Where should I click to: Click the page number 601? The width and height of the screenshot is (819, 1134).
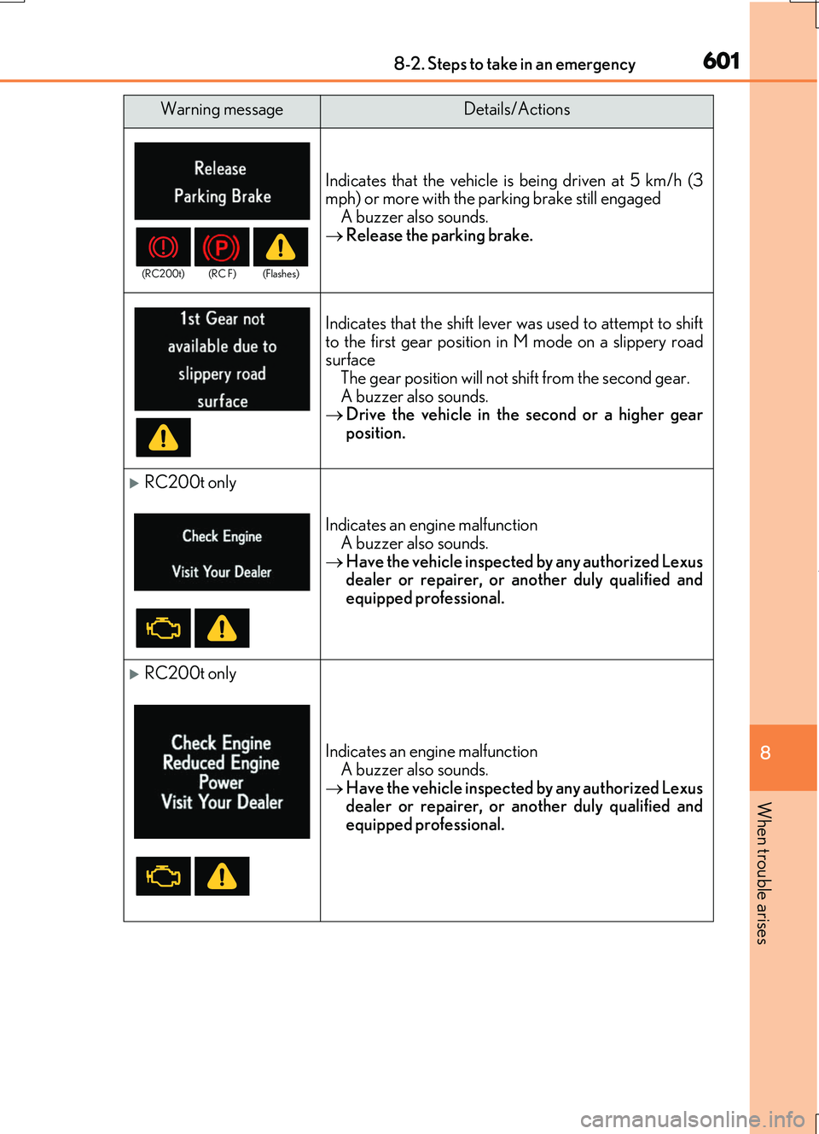(x=721, y=61)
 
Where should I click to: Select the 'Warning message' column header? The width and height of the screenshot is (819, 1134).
(x=222, y=110)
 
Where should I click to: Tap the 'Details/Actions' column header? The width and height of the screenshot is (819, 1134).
(x=516, y=110)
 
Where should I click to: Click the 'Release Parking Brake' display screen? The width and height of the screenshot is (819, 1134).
(x=222, y=181)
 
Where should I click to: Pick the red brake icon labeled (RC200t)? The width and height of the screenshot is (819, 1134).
(x=163, y=247)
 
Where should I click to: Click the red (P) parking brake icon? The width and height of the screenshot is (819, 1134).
(x=222, y=247)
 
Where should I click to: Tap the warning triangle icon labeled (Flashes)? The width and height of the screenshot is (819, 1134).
(x=281, y=247)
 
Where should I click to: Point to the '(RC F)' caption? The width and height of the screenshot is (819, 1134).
(x=222, y=274)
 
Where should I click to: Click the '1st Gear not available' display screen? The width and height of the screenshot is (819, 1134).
(x=222, y=359)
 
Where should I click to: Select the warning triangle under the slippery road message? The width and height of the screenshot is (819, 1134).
(x=163, y=438)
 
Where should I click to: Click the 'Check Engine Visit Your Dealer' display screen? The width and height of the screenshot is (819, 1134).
(x=222, y=552)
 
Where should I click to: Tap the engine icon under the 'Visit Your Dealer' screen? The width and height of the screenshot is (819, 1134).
(x=163, y=629)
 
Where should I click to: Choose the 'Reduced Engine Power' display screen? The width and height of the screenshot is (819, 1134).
(x=222, y=771)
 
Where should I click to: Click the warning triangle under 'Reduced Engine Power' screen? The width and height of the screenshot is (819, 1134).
(x=222, y=876)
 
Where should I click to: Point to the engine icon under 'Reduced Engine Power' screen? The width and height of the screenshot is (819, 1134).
(x=163, y=876)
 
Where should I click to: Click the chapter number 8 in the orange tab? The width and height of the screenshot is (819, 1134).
(x=765, y=753)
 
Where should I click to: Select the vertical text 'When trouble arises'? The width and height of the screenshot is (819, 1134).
(x=764, y=873)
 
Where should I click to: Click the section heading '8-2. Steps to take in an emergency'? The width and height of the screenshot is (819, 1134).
(x=514, y=64)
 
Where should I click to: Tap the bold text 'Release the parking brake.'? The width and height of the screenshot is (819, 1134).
(x=439, y=236)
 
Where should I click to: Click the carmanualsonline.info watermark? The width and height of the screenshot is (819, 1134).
(x=692, y=1119)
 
